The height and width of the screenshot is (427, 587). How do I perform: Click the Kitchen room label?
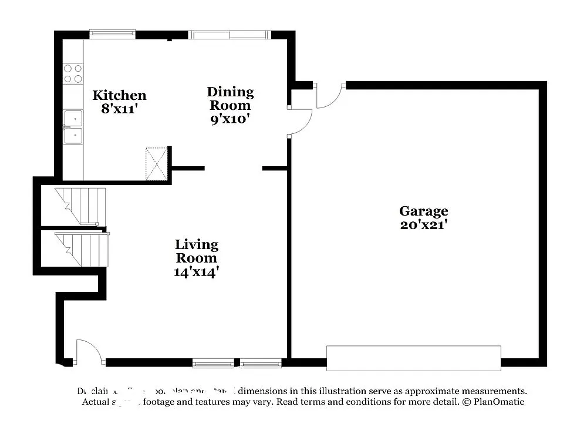pyautogui.click(x=119, y=95)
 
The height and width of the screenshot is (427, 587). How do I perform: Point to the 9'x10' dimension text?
pyautogui.click(x=230, y=119)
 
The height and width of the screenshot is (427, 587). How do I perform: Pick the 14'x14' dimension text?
pyautogui.click(x=196, y=272)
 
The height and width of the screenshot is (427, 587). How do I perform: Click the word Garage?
pyautogui.click(x=423, y=211)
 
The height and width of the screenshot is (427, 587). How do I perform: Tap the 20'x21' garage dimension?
pyautogui.click(x=423, y=224)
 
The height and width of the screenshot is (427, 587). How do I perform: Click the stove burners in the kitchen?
pyautogui.click(x=73, y=73)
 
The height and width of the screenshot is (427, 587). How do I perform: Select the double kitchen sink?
pyautogui.click(x=73, y=127)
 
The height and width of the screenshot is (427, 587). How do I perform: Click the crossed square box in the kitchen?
pyautogui.click(x=157, y=164)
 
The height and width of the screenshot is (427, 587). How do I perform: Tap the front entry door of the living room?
pyautogui.click(x=88, y=352)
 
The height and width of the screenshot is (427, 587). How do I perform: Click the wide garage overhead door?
pyautogui.click(x=413, y=358)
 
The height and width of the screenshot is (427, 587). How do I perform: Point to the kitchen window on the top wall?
pyautogui.click(x=112, y=34)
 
